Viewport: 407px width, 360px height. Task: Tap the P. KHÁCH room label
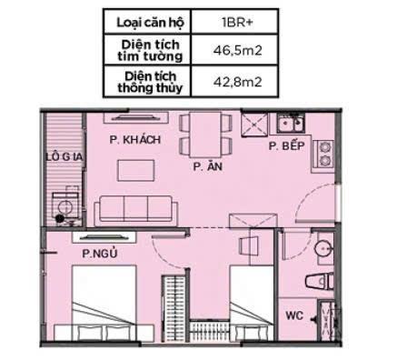pos(134,140)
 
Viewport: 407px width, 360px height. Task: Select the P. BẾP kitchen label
pos(286,146)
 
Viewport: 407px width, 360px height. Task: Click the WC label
pos(293,316)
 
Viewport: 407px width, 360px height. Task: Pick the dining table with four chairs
pos(197,134)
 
